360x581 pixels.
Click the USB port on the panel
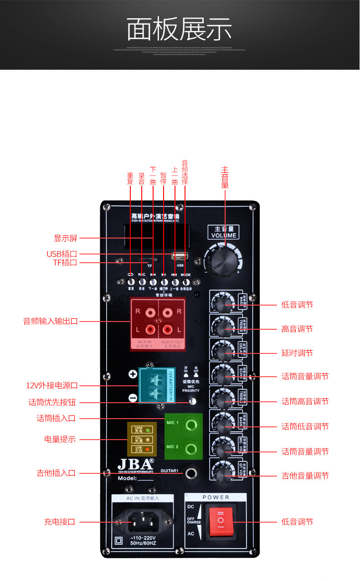pos(179,256)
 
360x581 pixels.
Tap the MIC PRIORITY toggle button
pos(192,401)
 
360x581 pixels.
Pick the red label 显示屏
pos(66,238)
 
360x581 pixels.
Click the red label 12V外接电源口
pos(52,386)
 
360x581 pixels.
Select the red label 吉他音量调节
pos(305,476)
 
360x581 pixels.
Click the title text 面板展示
pos(180,30)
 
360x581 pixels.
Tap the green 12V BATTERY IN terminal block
pos(157,385)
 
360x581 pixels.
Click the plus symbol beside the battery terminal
pos(133,374)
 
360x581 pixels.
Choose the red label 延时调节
pos(297,353)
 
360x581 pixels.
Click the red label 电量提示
pos(60,440)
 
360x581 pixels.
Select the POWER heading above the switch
pos(216,497)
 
